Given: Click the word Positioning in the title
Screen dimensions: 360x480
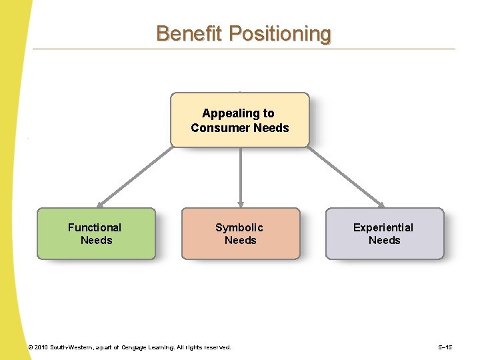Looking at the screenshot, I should [x=279, y=34].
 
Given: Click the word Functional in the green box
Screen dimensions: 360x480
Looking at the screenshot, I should [x=95, y=227].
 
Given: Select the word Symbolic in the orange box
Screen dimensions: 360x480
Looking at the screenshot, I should [x=239, y=227].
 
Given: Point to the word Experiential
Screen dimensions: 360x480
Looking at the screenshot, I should [x=383, y=227].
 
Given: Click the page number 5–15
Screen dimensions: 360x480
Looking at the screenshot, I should [x=445, y=347].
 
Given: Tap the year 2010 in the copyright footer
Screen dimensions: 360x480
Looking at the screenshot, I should [x=41, y=347].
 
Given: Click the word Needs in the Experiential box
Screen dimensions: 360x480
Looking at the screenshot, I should [x=385, y=240].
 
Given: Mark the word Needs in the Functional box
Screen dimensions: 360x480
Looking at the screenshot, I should [x=97, y=240].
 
